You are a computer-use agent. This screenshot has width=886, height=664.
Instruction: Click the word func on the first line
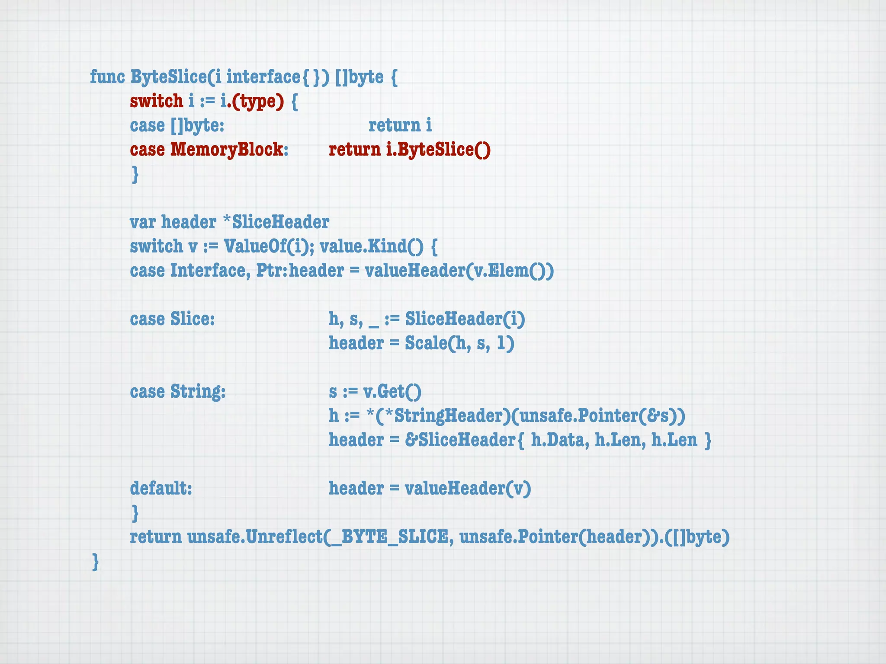[107, 77]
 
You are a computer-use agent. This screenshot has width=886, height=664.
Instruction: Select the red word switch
[157, 102]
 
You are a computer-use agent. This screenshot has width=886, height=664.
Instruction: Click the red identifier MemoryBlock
[227, 150]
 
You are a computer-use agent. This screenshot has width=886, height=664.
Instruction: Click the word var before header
[143, 222]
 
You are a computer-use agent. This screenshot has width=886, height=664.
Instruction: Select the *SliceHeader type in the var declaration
[276, 222]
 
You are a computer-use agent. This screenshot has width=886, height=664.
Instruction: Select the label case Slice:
[172, 319]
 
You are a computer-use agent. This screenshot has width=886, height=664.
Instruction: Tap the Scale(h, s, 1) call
[459, 343]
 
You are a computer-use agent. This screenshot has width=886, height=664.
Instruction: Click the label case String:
[178, 392]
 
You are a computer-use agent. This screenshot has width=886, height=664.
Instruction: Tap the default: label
[161, 488]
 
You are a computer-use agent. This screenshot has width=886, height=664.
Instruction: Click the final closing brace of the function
[96, 562]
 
